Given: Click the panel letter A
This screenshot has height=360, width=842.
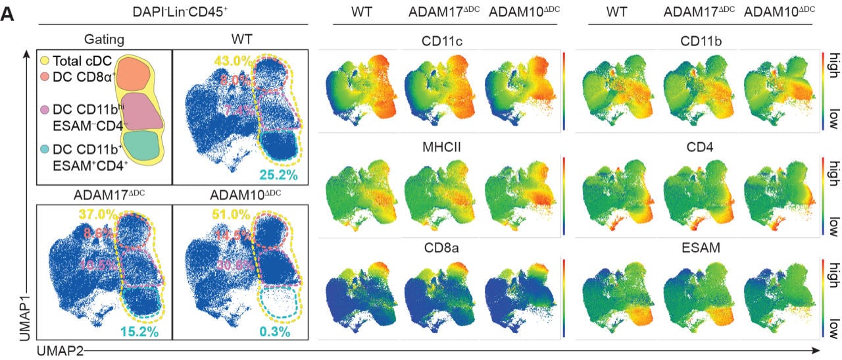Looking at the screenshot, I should click(x=9, y=13).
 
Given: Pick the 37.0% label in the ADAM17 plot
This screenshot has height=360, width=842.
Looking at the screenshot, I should click(x=97, y=215).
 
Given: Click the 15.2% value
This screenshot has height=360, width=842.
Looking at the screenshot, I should click(x=140, y=332).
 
